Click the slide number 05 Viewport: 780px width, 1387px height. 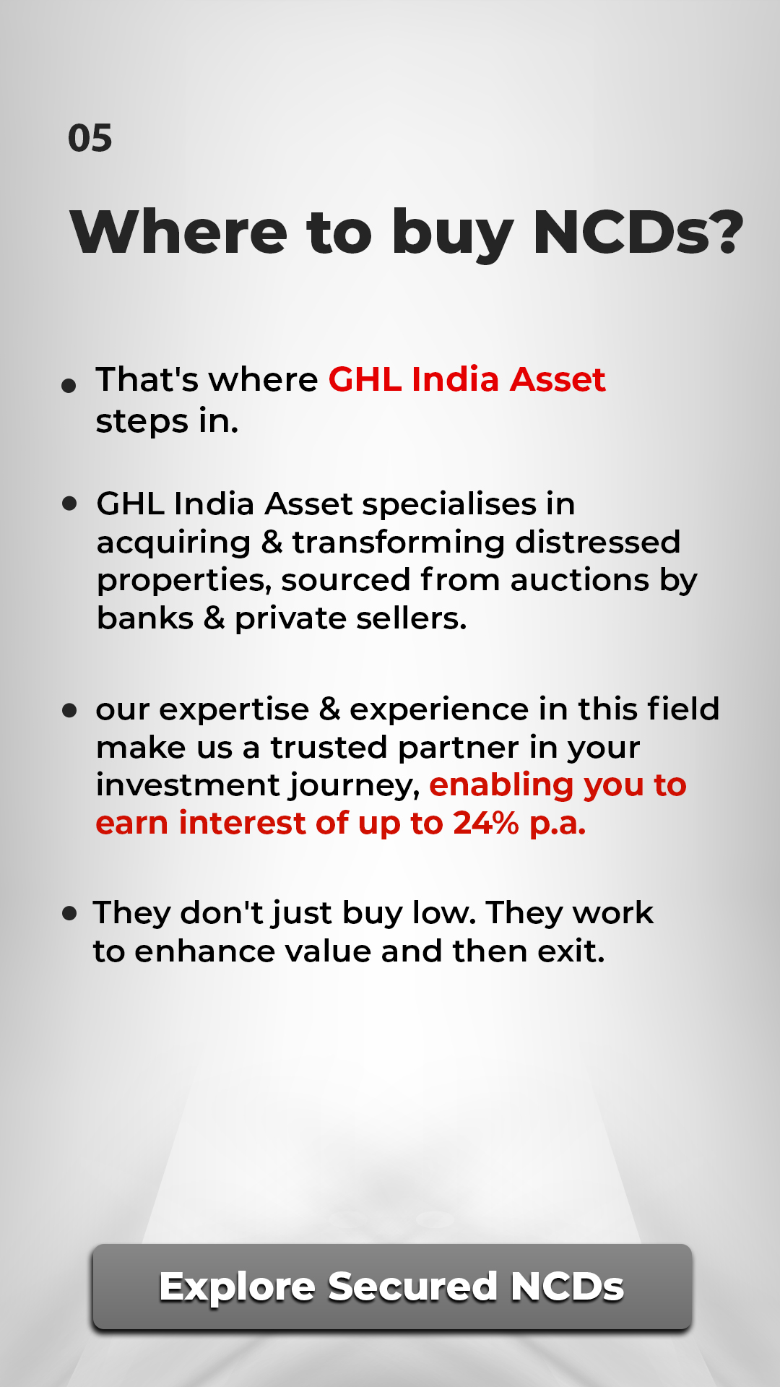click(90, 138)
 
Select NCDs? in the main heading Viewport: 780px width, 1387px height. click(638, 232)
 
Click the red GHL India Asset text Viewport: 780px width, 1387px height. click(467, 379)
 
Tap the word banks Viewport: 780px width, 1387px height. click(145, 618)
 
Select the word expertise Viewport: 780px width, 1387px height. click(234, 710)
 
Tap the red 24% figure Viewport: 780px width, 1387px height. click(486, 824)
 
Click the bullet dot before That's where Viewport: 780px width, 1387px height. click(69, 386)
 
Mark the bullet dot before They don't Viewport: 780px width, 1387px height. click(69, 914)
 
